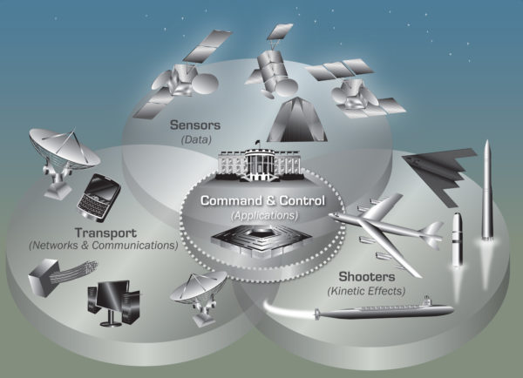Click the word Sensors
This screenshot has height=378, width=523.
coord(195,125)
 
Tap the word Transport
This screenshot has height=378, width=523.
coord(105,233)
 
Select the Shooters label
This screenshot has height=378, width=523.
coord(367,276)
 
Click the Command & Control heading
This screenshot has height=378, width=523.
coord(262,200)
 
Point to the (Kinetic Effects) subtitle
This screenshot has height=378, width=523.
coord(366,291)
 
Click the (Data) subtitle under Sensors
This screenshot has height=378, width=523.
coord(196,139)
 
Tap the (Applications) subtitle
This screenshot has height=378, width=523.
coord(264,215)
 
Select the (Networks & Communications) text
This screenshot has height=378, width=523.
coord(104,246)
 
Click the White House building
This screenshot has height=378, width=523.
coord(259,164)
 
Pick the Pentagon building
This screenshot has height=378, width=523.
coord(261,240)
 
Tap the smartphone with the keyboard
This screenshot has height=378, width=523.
coord(98,198)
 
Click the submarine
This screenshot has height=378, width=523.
coord(384,310)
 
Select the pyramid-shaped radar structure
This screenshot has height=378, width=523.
coord(297,120)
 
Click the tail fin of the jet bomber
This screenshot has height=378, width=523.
coord(433,234)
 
